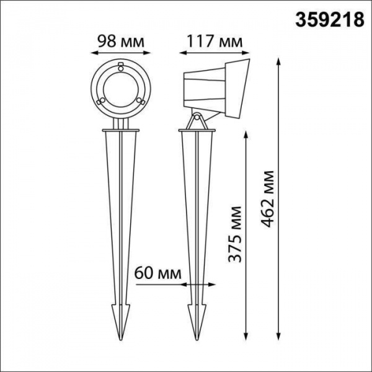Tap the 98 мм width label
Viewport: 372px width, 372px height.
coord(122,42)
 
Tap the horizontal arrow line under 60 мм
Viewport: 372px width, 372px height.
coord(161,285)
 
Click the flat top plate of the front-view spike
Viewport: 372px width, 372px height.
coord(121,131)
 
